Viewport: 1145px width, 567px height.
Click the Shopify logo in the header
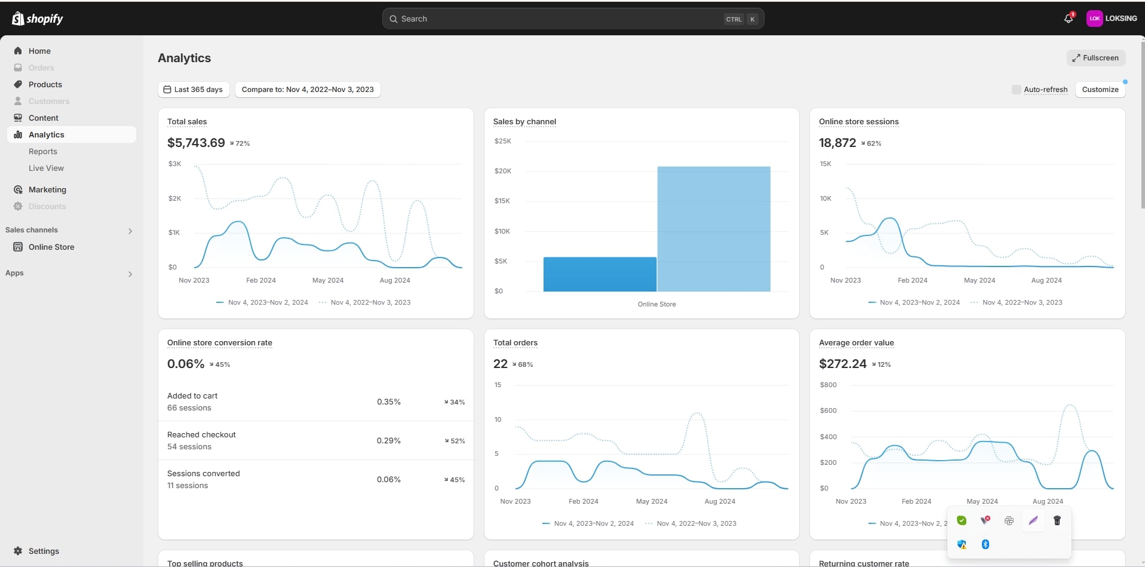coord(37,19)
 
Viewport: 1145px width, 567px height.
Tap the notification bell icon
coord(1069,19)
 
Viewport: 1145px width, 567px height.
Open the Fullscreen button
coord(1095,58)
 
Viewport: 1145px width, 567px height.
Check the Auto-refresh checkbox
coord(1016,90)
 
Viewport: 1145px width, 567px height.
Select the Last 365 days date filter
coord(194,90)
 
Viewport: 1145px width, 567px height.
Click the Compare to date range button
coord(308,90)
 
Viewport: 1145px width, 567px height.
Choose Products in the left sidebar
coord(45,84)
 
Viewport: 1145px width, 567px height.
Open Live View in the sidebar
coord(46,168)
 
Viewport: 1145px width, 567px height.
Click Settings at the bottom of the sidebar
coord(44,551)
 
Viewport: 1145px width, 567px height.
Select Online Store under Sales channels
coord(51,247)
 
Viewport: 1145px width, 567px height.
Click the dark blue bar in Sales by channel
coord(600,274)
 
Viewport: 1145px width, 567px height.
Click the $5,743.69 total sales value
coord(196,143)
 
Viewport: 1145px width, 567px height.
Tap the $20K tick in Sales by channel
coord(503,171)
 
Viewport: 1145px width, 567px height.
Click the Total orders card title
coord(515,343)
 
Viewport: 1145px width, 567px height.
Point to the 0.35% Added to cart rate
coord(388,402)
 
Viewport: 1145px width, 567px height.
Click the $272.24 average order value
coord(842,364)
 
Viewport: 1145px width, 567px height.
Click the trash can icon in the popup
coord(1057,520)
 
